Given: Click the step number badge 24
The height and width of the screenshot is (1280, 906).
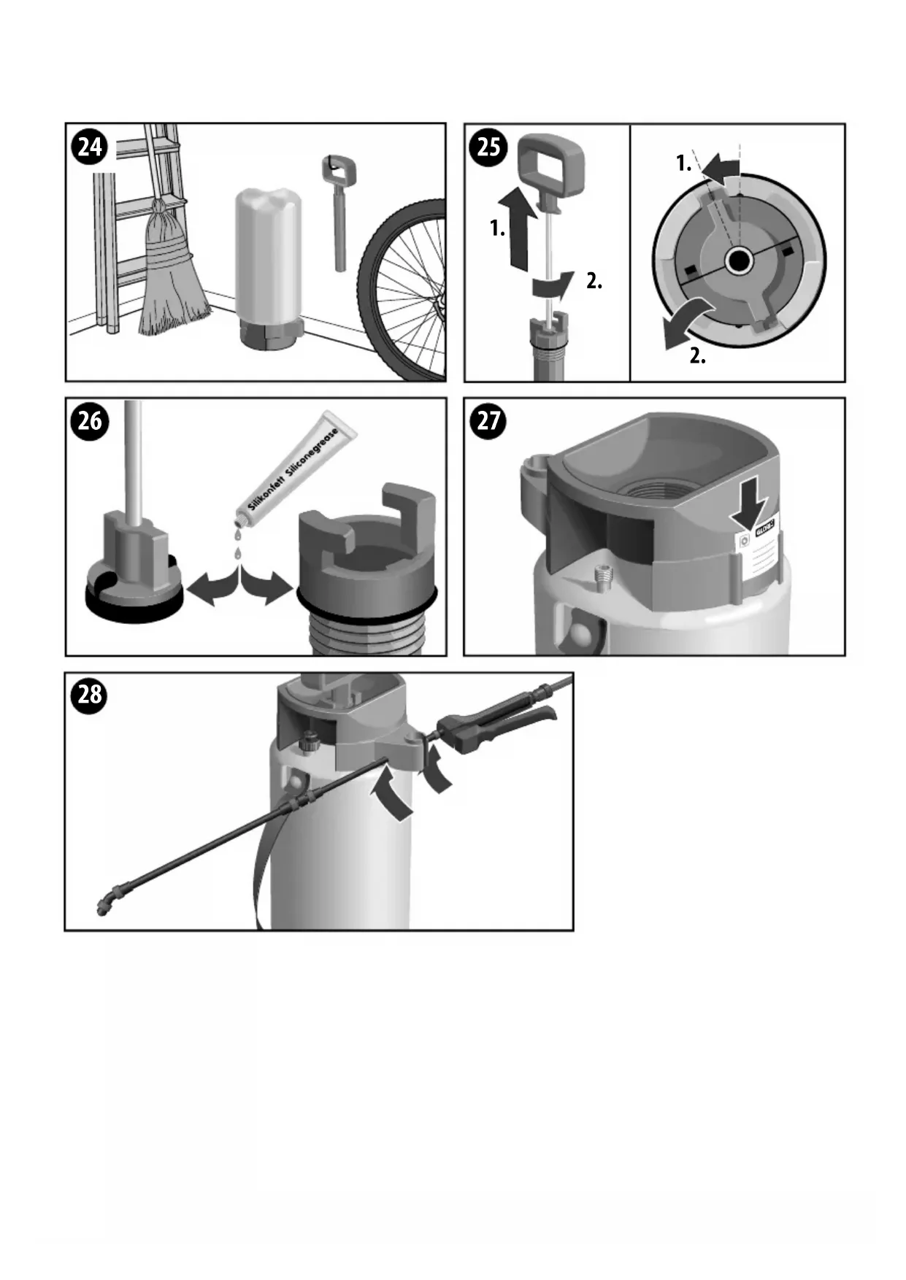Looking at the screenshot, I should [90, 147].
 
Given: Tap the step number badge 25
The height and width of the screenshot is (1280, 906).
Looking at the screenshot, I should [488, 147].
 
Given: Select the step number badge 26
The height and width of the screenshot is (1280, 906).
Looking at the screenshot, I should [90, 422].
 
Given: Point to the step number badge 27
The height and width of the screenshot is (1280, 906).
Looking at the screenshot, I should [488, 422].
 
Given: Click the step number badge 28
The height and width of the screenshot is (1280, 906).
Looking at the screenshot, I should [90, 694].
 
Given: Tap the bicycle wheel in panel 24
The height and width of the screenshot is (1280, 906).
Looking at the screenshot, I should [406, 292].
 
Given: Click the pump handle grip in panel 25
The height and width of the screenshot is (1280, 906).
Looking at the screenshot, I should [553, 168].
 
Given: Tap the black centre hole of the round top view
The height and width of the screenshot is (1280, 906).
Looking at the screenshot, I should [739, 261].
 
